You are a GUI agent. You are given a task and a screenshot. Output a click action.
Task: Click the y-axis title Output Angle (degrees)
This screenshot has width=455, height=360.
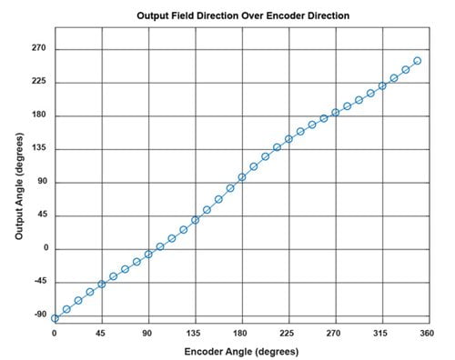pos(20,183)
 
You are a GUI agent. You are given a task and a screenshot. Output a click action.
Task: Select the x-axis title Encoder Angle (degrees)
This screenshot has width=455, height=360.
pos(241,351)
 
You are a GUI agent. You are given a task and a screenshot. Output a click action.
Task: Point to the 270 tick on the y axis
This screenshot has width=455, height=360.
pos(38,49)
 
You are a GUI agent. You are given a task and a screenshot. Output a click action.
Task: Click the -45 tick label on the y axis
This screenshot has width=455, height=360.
pos(38,282)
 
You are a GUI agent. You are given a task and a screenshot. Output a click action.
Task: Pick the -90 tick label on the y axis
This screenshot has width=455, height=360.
pos(38,315)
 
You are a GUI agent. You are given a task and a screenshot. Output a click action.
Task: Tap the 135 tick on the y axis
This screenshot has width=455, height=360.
pos(38,149)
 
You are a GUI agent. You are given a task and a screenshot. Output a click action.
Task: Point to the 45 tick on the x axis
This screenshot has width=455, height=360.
pos(102,333)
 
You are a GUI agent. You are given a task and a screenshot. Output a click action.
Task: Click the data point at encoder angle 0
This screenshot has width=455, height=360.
pos(55,318)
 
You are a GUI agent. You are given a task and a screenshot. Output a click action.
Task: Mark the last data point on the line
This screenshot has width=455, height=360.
pos(417,61)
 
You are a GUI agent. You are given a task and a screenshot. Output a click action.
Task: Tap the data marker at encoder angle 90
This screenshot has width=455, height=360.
pos(148,254)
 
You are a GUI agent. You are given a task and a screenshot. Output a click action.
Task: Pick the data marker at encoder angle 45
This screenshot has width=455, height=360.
pos(102,284)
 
